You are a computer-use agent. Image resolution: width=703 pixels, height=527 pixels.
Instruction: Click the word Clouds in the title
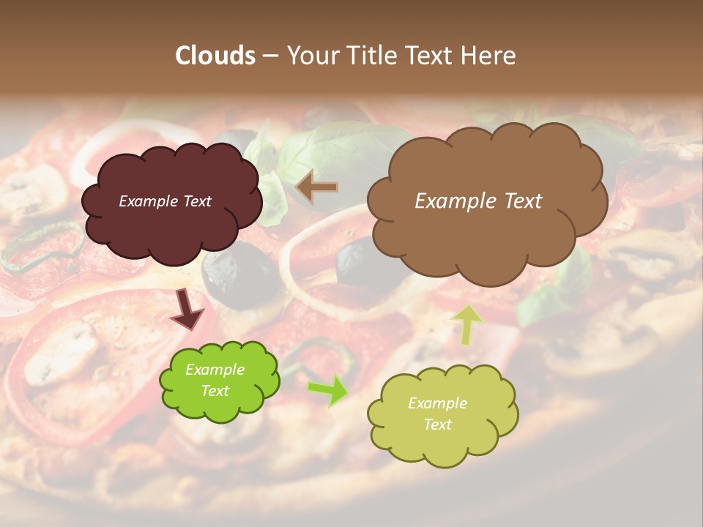[x=215, y=56]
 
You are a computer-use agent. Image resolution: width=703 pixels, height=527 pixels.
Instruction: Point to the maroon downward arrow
[x=187, y=309]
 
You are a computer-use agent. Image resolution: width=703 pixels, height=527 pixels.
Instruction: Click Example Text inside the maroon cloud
[x=165, y=201]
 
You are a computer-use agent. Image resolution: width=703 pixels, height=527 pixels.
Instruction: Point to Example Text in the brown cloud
[x=478, y=201]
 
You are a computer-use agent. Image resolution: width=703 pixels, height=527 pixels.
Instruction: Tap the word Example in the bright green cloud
[x=215, y=370]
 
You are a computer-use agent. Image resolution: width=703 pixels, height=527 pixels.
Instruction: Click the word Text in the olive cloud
[x=437, y=425]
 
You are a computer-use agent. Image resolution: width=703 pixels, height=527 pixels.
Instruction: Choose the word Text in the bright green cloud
[x=215, y=391]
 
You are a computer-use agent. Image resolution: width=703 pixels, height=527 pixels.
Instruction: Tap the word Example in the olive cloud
[x=437, y=403]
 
